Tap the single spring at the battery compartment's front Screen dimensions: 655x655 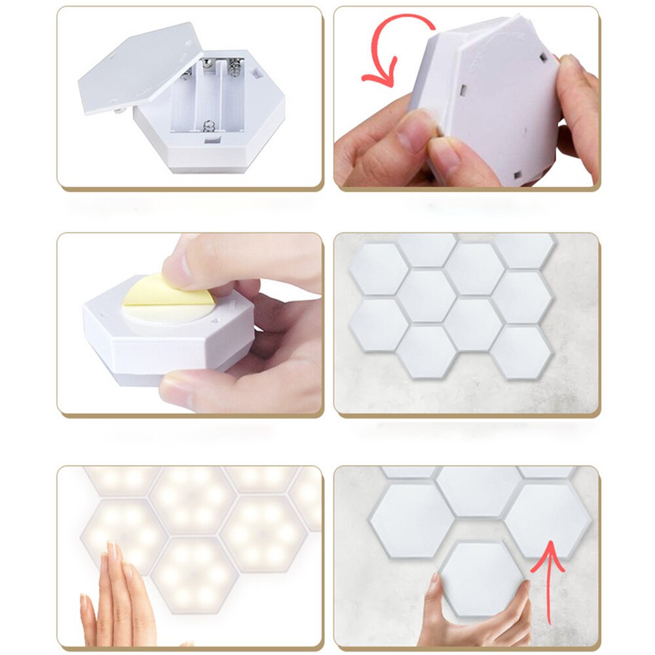tap(209, 125)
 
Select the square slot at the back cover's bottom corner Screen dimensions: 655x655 tap(515, 175)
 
